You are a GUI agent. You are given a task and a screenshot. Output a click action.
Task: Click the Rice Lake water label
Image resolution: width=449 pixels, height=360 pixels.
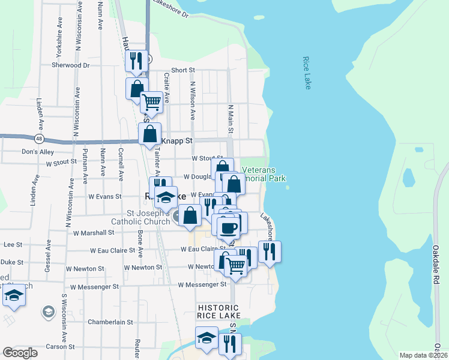pyautogui.click(x=307, y=73)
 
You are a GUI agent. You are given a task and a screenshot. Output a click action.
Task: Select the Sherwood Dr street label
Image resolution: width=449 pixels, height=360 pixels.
pyautogui.click(x=70, y=65)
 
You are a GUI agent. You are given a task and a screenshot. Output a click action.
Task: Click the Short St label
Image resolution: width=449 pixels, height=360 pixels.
pyautogui.click(x=183, y=70)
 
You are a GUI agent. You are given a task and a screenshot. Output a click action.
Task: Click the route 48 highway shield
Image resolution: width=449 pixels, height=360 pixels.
pyautogui.click(x=39, y=139)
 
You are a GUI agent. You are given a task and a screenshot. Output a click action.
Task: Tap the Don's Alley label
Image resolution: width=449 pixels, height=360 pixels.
pyautogui.click(x=37, y=152)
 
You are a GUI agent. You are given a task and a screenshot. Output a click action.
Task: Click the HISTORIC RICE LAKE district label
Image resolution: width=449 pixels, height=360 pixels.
pyautogui.click(x=220, y=311)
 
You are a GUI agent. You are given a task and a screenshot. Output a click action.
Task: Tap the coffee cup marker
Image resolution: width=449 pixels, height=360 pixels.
pyautogui.click(x=228, y=227)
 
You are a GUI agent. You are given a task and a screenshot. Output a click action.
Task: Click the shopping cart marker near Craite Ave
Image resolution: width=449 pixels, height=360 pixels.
pyautogui.click(x=152, y=102)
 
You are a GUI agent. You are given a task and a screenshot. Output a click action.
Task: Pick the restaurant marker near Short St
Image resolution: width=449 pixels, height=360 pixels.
pyautogui.click(x=136, y=61)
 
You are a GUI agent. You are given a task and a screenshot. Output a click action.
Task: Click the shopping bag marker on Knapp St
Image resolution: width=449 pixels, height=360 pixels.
pyautogui.click(x=149, y=133)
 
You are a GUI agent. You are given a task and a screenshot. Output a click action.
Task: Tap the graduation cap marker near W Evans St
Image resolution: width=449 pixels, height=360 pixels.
pyautogui.click(x=166, y=197)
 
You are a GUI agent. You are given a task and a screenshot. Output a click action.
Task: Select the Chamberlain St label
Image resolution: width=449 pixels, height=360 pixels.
pyautogui.click(x=110, y=322)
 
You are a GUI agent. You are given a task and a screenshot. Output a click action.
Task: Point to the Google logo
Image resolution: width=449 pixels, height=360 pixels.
pyautogui.click(x=20, y=353)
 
